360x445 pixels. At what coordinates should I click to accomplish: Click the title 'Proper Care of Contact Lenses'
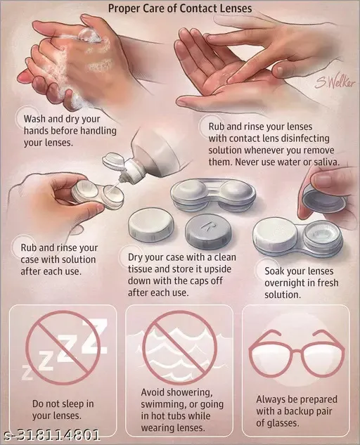tap(179, 8)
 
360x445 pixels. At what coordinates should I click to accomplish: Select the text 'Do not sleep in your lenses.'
tap(63, 409)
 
